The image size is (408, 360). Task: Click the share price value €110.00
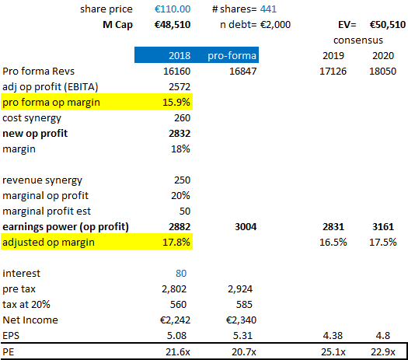tap(173, 9)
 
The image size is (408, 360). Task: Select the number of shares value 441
tap(268, 9)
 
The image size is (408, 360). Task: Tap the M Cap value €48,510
tap(173, 25)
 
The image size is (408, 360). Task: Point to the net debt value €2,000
tap(275, 25)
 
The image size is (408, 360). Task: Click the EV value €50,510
tap(388, 25)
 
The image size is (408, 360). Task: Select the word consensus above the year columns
tap(358, 40)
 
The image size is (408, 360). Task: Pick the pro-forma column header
tap(232, 56)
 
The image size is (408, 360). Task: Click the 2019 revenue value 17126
tap(333, 72)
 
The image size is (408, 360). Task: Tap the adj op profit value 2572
tap(180, 87)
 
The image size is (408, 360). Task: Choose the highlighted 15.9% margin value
tap(176, 103)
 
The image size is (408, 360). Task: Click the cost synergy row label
tap(32, 118)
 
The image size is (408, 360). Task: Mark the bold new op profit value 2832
tap(180, 134)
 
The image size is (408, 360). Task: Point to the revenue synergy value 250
tap(182, 180)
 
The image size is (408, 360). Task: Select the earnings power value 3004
tap(246, 227)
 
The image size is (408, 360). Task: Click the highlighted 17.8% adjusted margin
tap(176, 243)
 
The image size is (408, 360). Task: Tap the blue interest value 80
tap(181, 274)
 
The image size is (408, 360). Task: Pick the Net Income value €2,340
tap(241, 320)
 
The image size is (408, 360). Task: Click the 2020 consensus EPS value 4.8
tap(383, 336)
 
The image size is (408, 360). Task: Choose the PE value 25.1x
tap(333, 352)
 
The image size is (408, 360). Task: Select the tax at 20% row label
tap(26, 304)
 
